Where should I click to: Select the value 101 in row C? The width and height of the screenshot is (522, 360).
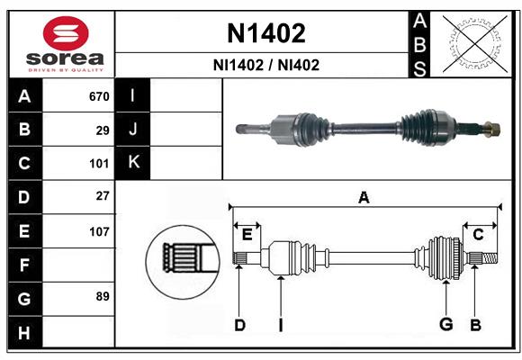(x=99, y=164)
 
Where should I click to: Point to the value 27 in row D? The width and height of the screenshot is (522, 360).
(x=103, y=195)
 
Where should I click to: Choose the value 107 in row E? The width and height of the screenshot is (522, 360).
(x=99, y=231)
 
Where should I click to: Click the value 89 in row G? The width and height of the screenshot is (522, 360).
(x=103, y=296)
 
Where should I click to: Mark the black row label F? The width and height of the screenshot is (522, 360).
(x=24, y=265)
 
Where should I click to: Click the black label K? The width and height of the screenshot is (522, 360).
(x=133, y=162)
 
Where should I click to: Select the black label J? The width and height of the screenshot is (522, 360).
(x=133, y=129)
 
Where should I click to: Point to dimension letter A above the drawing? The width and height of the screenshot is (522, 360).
(x=364, y=197)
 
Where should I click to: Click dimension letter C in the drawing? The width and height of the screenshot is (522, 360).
(x=478, y=235)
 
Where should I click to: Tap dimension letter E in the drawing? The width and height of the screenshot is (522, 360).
(x=247, y=235)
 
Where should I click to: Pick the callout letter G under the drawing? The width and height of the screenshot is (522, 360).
(x=445, y=324)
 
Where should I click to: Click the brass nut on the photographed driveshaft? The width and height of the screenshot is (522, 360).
(x=492, y=128)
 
